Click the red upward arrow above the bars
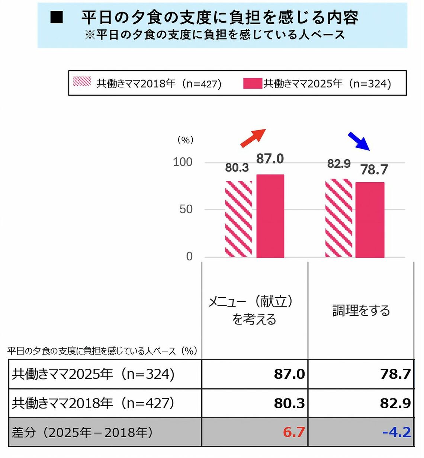tap(253, 138)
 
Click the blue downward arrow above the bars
tap(359, 141)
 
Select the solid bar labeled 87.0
tap(270, 216)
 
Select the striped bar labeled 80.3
tap(238, 219)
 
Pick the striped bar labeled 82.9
tap(338, 218)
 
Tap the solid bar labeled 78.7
tap(370, 220)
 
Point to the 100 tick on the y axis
tap(183, 162)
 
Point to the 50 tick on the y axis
tap(186, 209)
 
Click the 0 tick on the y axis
tap(189, 256)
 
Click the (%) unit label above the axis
tap(185, 140)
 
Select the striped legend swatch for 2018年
tap(82, 81)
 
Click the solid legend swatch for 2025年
tap(253, 83)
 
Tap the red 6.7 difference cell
tap(293, 432)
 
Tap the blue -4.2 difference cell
tap(396, 432)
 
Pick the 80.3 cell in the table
tap(289, 403)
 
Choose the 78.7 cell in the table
tap(395, 374)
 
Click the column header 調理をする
tap(361, 310)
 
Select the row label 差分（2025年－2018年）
tap(82, 432)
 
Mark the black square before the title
tap(57, 17)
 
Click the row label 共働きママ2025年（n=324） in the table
tap(93, 374)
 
